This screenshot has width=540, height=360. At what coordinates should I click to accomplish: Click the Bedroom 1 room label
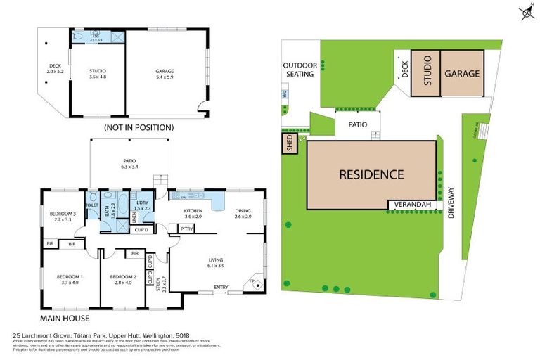coord(69,280)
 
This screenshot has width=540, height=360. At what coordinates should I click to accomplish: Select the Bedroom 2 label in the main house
coord(122,280)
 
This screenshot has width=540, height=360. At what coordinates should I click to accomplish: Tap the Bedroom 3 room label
coord(63,216)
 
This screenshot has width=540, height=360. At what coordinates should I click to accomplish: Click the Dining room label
coord(243,213)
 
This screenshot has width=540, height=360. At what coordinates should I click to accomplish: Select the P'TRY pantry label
coord(187,229)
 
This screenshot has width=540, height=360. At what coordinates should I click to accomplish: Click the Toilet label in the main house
coord(91,205)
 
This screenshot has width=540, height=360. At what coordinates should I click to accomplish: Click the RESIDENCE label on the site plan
coord(371,174)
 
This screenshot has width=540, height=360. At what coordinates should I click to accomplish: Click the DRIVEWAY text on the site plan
coord(451,202)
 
